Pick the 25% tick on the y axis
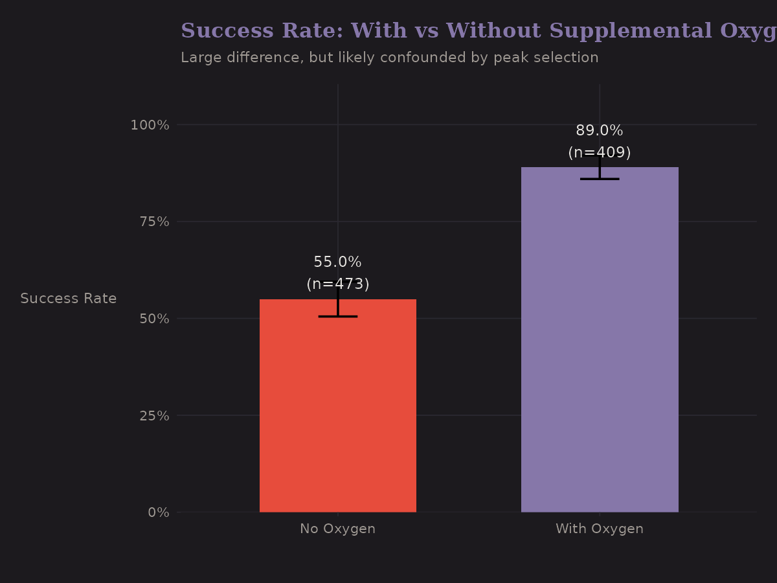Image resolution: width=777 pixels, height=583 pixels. (154, 415)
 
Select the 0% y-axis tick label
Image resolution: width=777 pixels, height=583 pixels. (159, 512)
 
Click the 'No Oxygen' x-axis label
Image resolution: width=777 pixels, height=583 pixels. (337, 529)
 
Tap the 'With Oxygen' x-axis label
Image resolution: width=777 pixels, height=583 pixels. (600, 529)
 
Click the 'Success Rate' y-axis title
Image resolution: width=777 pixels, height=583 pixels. (68, 299)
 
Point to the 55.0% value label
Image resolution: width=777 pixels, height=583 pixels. (337, 262)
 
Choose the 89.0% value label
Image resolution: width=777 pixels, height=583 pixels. (600, 131)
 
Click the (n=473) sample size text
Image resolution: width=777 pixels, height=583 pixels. (337, 284)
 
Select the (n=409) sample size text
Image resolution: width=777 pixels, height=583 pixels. (600, 153)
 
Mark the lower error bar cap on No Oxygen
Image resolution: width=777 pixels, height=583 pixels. (337, 316)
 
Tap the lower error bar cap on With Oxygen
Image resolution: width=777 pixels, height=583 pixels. (600, 179)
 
